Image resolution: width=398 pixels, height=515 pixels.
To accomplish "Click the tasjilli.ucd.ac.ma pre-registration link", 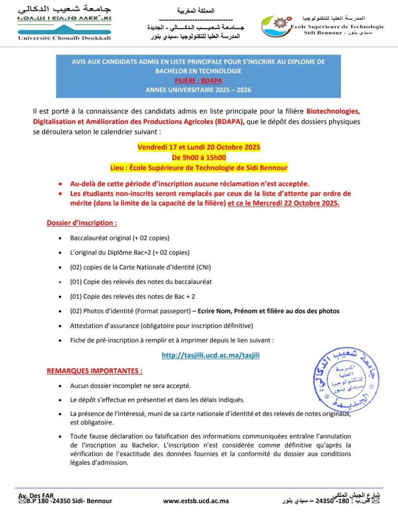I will coord(210,355).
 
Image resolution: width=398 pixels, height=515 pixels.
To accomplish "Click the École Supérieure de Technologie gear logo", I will coord(277,26).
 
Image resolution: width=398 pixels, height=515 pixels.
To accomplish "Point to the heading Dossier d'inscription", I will coord(82,222).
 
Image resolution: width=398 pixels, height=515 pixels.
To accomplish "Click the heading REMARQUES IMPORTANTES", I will coord(95,371).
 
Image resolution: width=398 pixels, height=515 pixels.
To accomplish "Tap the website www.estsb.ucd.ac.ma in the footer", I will coord(196,501).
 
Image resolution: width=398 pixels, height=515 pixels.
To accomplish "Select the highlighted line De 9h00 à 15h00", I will coord(199,157).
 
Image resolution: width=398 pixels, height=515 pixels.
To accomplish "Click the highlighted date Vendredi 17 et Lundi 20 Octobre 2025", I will coord(199,148).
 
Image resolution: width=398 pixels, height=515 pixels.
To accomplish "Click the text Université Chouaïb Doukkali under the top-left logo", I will coord(64,38).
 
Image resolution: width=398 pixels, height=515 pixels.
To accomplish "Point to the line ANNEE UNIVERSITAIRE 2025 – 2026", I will coord(198,90).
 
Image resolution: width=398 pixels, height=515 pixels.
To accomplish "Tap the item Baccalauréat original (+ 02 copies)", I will coord(120,237).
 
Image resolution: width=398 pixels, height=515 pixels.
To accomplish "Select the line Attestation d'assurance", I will coord(162,325).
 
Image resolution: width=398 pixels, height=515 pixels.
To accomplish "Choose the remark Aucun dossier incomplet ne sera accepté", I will coord(130,386).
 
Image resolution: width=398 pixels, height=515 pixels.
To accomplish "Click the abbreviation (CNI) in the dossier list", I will coord(204,267).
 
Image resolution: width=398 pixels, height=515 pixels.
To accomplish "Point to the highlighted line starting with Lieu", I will coord(199,167).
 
